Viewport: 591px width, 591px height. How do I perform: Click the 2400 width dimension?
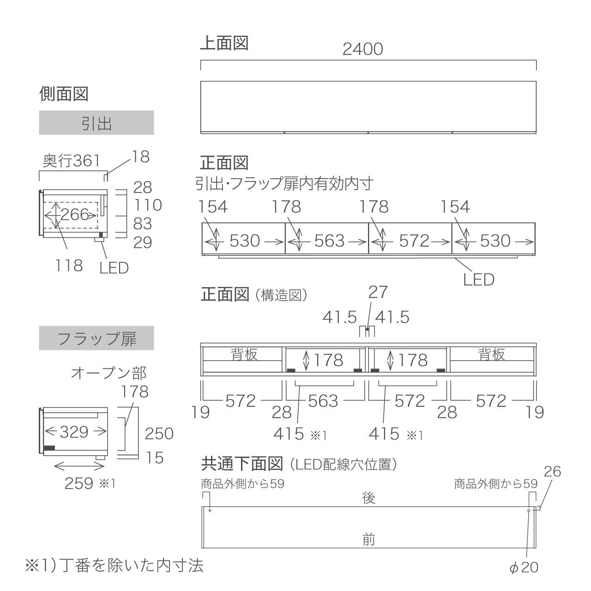pos(362,49)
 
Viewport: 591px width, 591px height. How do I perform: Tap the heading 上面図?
pos(224,43)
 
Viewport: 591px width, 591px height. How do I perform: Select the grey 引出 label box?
pos(96,123)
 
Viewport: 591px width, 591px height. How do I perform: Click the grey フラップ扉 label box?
pos(96,338)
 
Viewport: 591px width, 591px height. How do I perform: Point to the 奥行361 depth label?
pos(72,161)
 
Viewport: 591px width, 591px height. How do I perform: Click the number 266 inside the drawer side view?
pos(75,214)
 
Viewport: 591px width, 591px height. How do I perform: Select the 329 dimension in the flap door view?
pos(74,432)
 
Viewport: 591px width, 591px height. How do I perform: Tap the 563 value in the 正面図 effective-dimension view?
pos(329,241)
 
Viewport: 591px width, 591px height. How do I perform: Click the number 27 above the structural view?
pos(378,292)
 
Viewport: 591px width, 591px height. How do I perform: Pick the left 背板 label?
pos(244,355)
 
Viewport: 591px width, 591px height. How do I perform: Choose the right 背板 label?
pos(492,355)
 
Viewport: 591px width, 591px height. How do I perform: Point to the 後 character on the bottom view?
pos(368,498)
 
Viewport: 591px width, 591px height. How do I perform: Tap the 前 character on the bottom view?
pos(368,540)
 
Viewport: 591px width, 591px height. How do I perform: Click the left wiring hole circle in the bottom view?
pos(210,511)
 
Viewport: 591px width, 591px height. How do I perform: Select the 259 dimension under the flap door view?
pos(79,484)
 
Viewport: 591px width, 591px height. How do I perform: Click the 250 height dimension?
pos(159,434)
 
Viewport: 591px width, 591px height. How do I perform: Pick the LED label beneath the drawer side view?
pos(114,268)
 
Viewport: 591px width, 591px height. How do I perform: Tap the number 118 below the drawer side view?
pos(69,265)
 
